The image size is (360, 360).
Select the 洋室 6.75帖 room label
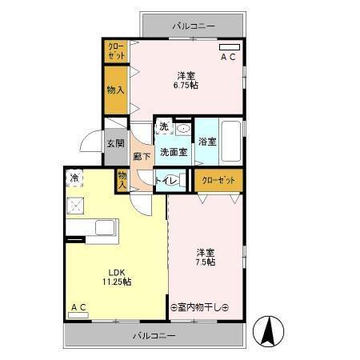pyautogui.click(x=188, y=80)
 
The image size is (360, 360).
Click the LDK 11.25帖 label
pyautogui.click(x=116, y=276)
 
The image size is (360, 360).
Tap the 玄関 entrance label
pyautogui.click(x=115, y=143)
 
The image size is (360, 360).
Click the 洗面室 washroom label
pyautogui.click(x=173, y=151)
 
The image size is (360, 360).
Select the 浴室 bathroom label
pyautogui.click(x=207, y=142)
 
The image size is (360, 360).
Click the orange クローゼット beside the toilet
pyautogui.click(x=218, y=181)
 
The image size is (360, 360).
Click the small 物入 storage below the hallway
pyautogui.click(x=122, y=180)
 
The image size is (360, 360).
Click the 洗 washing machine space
pyautogui.click(x=163, y=127)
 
